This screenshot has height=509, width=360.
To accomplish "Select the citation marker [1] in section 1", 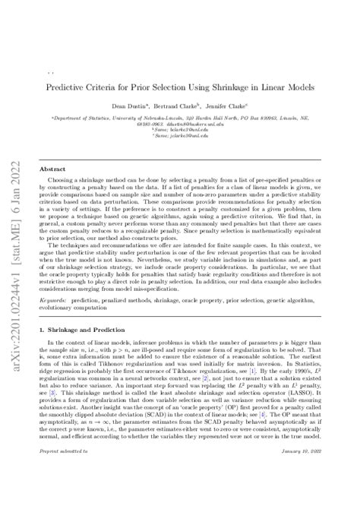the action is click(x=231, y=384).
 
